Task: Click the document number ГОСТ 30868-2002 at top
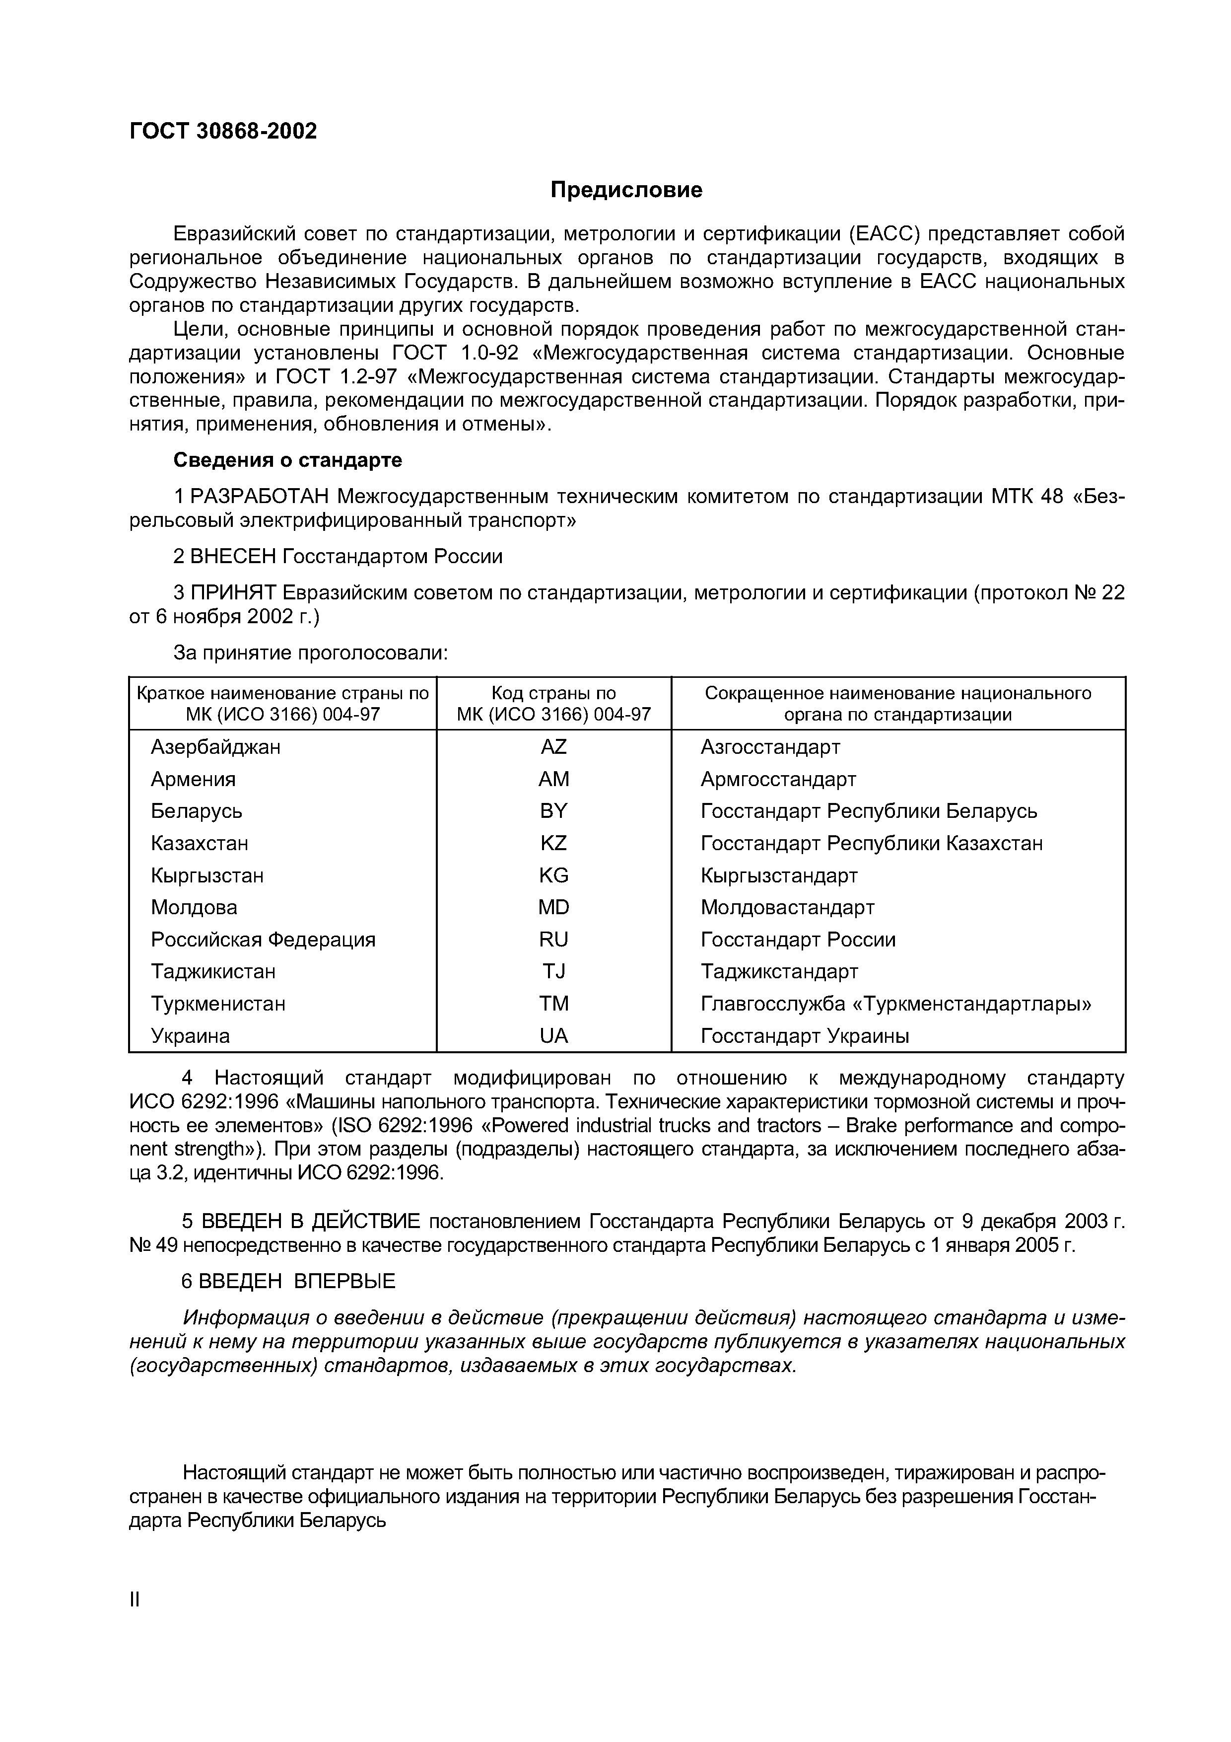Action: tap(223, 131)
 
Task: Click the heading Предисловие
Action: tap(626, 190)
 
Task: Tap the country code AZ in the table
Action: tap(553, 747)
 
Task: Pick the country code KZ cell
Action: tap(553, 843)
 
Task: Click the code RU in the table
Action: tap(553, 940)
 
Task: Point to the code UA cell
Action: tap(553, 1036)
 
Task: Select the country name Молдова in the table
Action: tap(194, 907)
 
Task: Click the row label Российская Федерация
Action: tap(263, 940)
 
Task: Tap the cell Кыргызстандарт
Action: tap(778, 875)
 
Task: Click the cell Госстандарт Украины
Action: tap(804, 1036)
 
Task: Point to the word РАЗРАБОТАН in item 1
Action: tap(259, 496)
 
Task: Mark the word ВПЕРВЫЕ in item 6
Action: tap(344, 1282)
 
